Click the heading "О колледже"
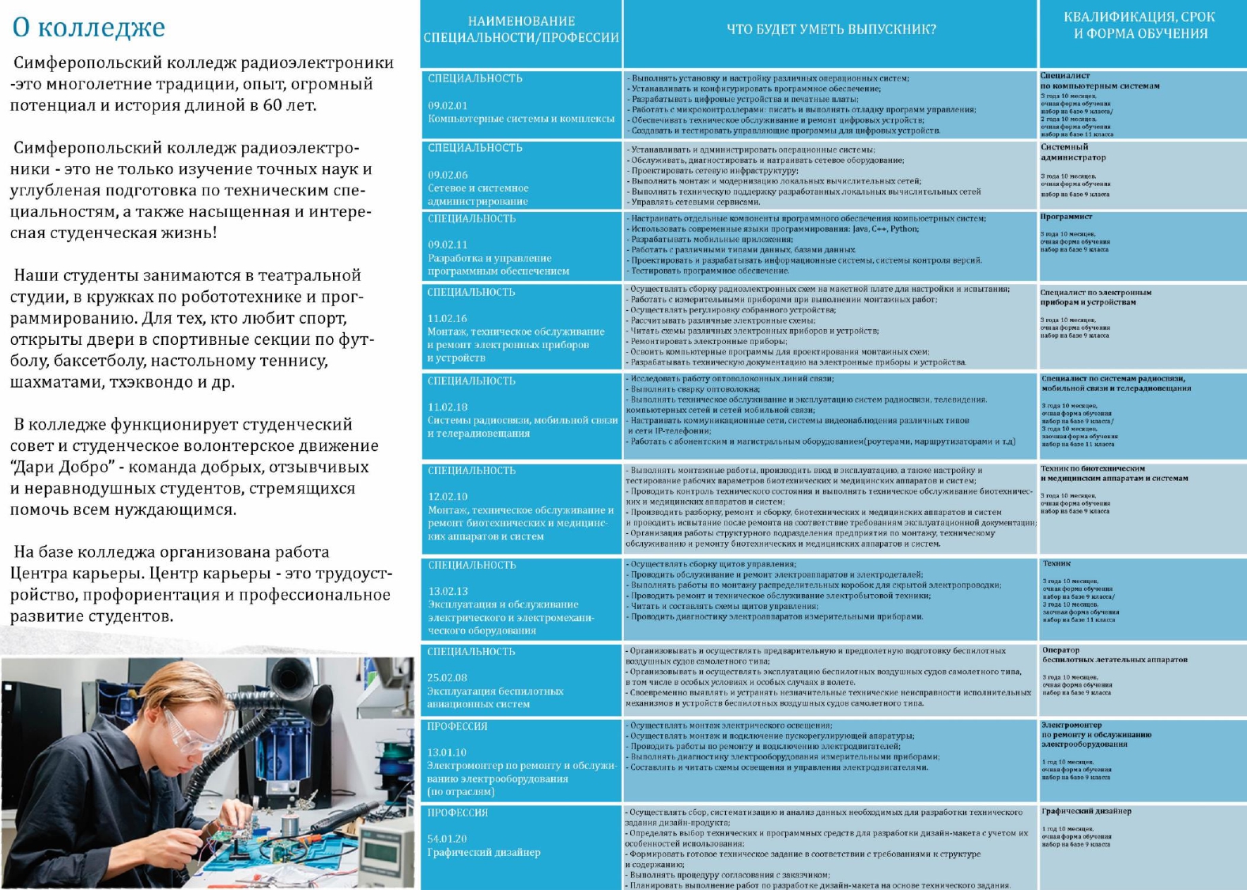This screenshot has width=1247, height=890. click(x=89, y=27)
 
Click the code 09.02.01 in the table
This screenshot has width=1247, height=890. click(x=448, y=105)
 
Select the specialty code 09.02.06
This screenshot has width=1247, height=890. click(x=448, y=175)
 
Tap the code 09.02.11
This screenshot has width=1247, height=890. click(x=448, y=245)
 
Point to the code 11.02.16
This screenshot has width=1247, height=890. click(x=448, y=318)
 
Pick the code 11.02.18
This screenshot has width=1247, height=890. click(x=448, y=407)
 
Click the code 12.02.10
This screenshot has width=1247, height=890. click(x=448, y=496)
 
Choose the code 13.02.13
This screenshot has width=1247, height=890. click(x=448, y=591)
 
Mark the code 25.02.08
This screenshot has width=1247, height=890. click(x=448, y=677)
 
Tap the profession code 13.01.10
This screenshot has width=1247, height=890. click(x=447, y=752)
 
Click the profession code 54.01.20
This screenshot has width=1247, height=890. click(x=447, y=839)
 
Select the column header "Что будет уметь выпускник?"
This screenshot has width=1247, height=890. click(x=831, y=29)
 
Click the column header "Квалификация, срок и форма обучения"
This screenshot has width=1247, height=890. click(x=1140, y=25)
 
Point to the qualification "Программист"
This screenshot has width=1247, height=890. click(x=1067, y=217)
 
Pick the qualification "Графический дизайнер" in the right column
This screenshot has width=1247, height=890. click(x=1086, y=811)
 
